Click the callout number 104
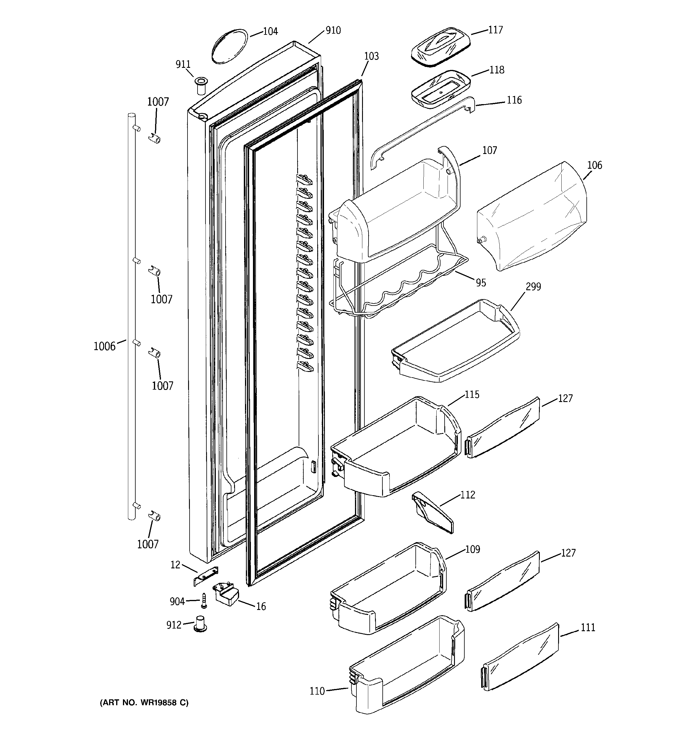point(271,31)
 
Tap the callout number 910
point(333,30)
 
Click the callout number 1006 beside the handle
point(104,346)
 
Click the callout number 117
point(495,30)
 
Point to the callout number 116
point(514,100)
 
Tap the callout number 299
point(533,286)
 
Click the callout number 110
point(317,691)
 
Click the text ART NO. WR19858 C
point(144,703)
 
